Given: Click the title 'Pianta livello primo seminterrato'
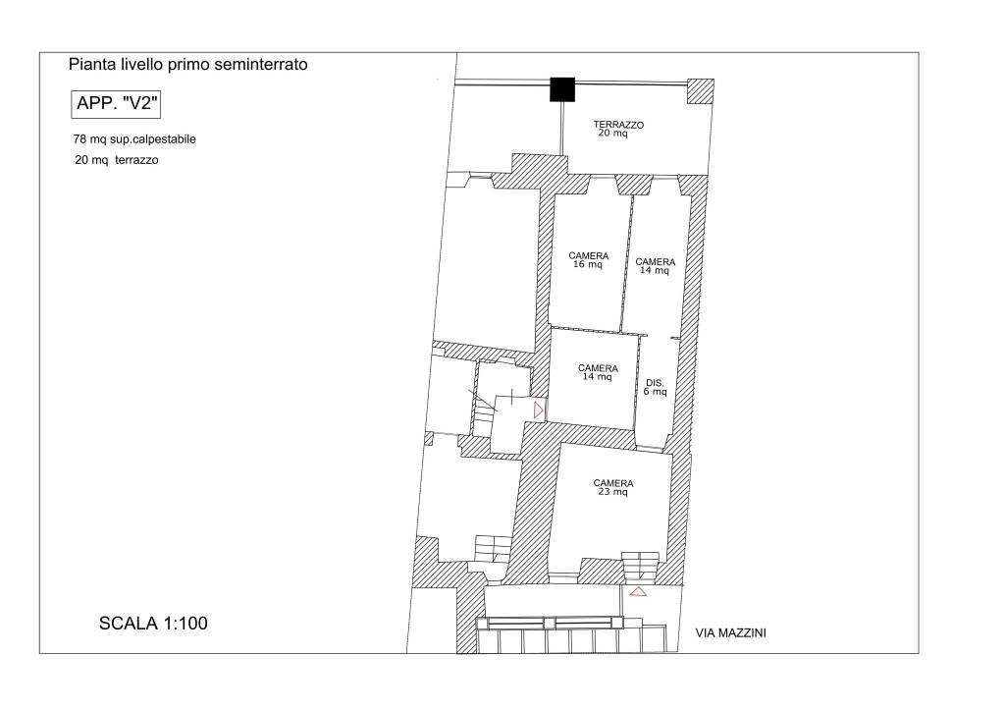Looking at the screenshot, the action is tap(187, 65).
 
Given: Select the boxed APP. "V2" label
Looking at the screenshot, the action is tap(116, 104).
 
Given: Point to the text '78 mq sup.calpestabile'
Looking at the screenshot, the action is tap(134, 139).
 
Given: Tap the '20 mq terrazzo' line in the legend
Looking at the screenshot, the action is tap(117, 160).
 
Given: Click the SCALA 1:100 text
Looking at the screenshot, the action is tap(153, 624).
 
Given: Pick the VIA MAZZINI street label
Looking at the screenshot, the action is tap(730, 633).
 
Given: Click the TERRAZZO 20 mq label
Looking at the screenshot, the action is tap(618, 129).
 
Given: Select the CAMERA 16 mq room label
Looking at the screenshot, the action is tap(589, 260).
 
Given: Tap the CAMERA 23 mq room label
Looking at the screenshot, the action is tap(613, 487).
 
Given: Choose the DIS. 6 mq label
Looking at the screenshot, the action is tap(655, 387).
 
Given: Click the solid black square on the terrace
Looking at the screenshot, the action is tap(562, 89).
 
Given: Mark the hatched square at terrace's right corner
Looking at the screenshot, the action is tap(701, 91).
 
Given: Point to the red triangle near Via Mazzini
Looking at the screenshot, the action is tap(638, 592).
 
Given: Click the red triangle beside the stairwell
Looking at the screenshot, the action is tap(539, 410).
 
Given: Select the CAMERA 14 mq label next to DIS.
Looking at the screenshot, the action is tap(598, 372).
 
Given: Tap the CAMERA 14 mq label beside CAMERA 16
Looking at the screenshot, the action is tap(655, 266).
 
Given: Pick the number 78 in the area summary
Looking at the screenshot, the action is tap(79, 139).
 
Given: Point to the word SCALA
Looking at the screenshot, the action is tap(129, 624).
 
